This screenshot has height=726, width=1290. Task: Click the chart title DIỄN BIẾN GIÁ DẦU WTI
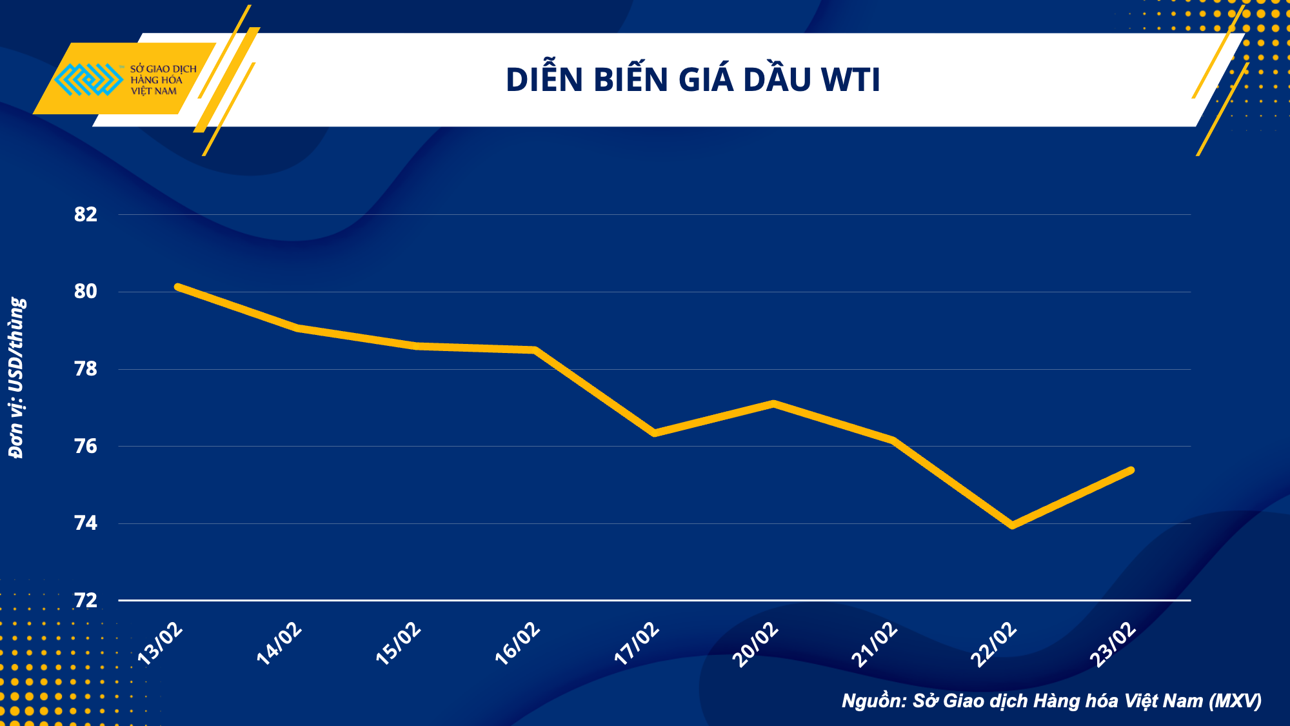click(x=693, y=80)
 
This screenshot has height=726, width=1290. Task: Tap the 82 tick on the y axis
click(x=86, y=214)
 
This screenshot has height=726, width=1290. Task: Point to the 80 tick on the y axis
click(x=86, y=292)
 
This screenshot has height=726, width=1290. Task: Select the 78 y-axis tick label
click(x=86, y=369)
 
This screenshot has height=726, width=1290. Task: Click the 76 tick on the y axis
click(x=86, y=446)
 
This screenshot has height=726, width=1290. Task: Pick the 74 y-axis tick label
click(x=86, y=523)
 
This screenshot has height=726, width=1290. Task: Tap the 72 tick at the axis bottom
click(x=86, y=601)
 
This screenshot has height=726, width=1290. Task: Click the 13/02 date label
click(x=161, y=644)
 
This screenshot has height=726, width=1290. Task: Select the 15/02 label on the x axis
click(x=399, y=644)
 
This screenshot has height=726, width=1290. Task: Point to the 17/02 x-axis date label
click(x=637, y=644)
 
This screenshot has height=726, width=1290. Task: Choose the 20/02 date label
click(x=756, y=644)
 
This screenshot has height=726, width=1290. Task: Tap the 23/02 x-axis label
click(x=1113, y=644)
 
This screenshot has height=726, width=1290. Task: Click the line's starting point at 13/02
click(x=177, y=287)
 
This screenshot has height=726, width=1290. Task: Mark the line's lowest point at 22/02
click(x=1012, y=525)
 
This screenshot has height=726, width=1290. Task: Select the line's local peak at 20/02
click(x=773, y=404)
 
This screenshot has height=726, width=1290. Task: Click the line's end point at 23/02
click(x=1131, y=470)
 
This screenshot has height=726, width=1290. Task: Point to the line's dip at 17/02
click(x=655, y=433)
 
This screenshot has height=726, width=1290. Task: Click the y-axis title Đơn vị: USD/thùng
click(x=17, y=378)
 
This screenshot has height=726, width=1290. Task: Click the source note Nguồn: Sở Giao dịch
click(x=1051, y=701)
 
